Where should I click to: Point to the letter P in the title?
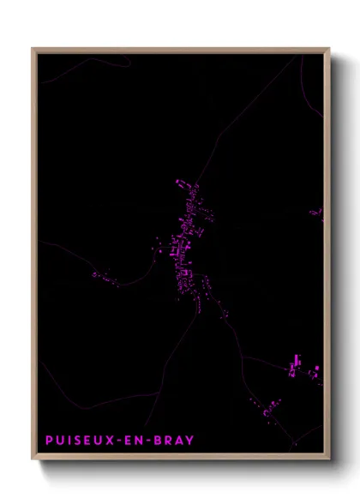pyautogui.click(x=49, y=441)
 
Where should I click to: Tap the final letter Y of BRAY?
pyautogui.click(x=189, y=441)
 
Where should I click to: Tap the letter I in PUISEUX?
pyautogui.click(x=70, y=441)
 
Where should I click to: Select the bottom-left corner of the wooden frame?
pyautogui.click(x=33, y=460)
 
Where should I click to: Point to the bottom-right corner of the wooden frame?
pyautogui.click(x=329, y=460)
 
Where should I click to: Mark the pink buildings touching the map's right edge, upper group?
pyautogui.click(x=318, y=213)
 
